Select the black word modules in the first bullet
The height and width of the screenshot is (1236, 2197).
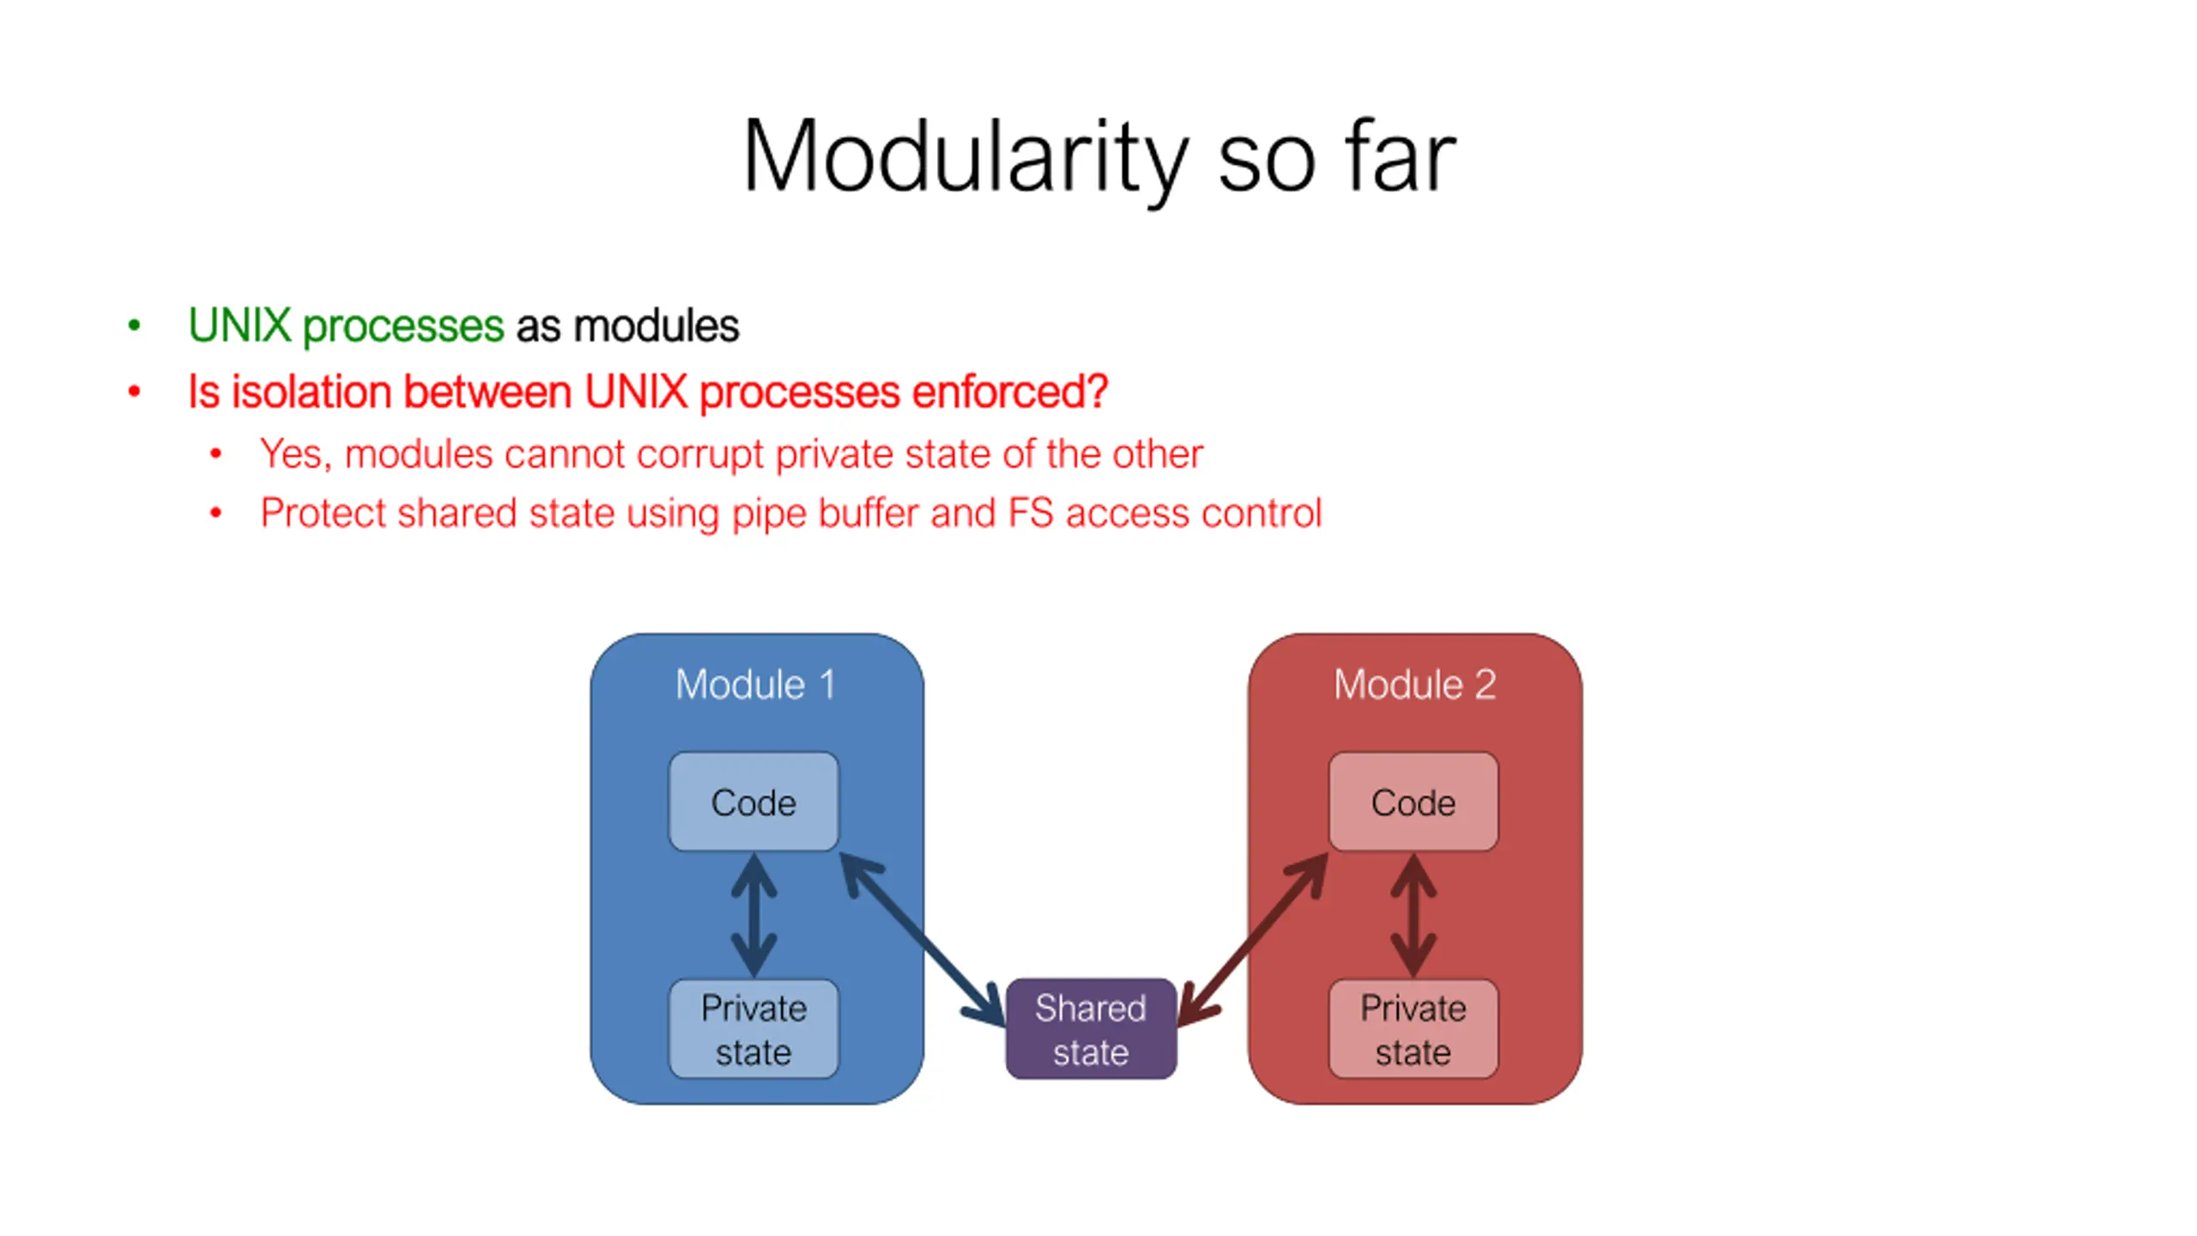656,325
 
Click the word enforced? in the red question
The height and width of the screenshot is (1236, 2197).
1010,392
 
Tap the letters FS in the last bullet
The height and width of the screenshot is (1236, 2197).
1031,513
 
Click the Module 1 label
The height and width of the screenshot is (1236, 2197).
755,684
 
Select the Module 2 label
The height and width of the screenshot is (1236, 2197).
1414,684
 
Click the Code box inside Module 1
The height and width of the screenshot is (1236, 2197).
754,802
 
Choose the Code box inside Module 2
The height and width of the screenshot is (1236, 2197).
1413,802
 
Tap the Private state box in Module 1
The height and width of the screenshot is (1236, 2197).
754,1028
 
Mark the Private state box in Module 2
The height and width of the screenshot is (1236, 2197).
1413,1028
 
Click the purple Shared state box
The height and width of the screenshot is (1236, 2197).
1091,1028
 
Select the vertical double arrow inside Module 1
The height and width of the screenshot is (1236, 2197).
754,915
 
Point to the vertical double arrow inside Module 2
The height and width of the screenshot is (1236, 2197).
1413,915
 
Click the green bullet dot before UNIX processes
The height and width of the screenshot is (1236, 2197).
134,325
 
